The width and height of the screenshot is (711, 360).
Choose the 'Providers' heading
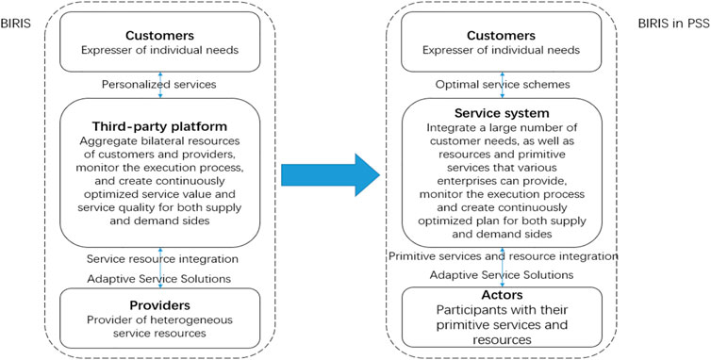click(x=160, y=306)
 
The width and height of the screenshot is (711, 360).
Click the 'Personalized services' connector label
click(x=160, y=84)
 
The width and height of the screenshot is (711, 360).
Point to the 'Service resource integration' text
click(x=160, y=259)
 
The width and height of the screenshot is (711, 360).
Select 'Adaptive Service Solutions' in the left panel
click(x=160, y=279)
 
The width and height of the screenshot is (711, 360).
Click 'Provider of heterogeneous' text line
click(x=160, y=322)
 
